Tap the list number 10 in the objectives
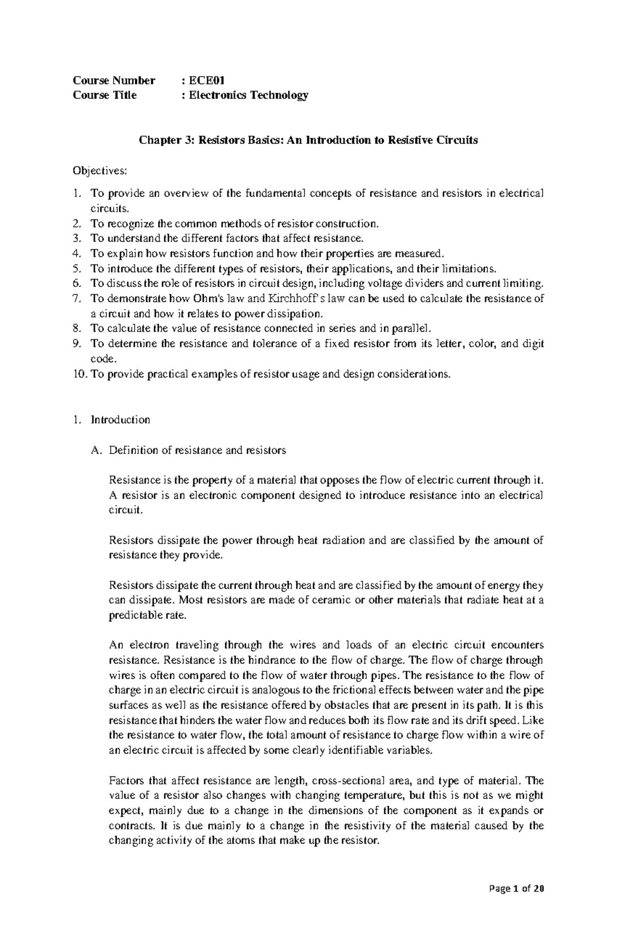tap(80, 375)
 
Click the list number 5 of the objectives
tap(77, 269)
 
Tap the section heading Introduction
tap(120, 420)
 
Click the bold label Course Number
tap(114, 80)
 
